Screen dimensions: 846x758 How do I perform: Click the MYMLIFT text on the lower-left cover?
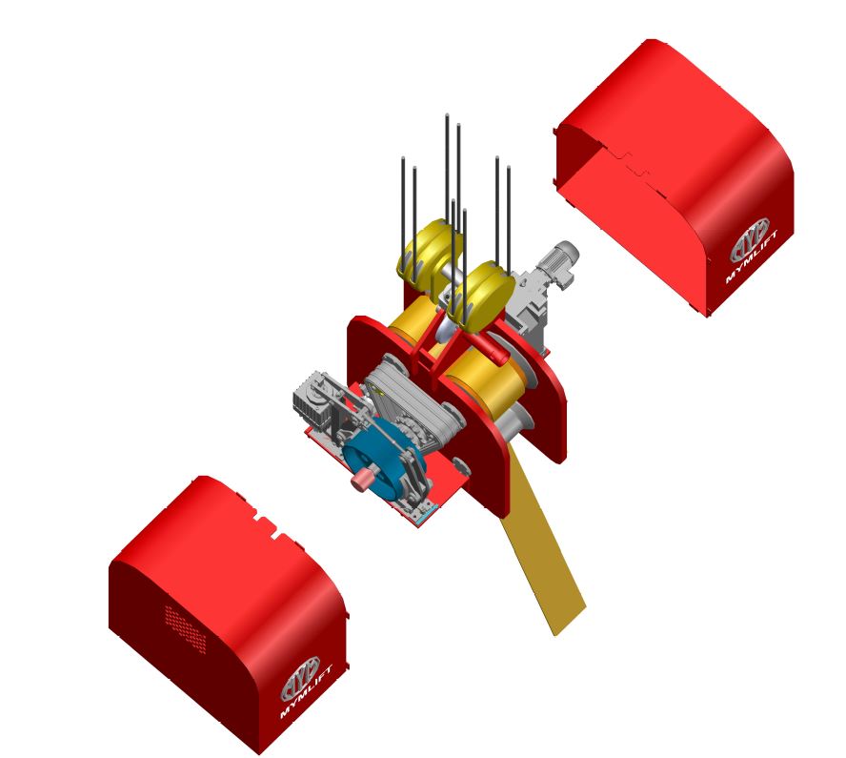(307, 692)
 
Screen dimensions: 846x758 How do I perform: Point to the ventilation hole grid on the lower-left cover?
(186, 629)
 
